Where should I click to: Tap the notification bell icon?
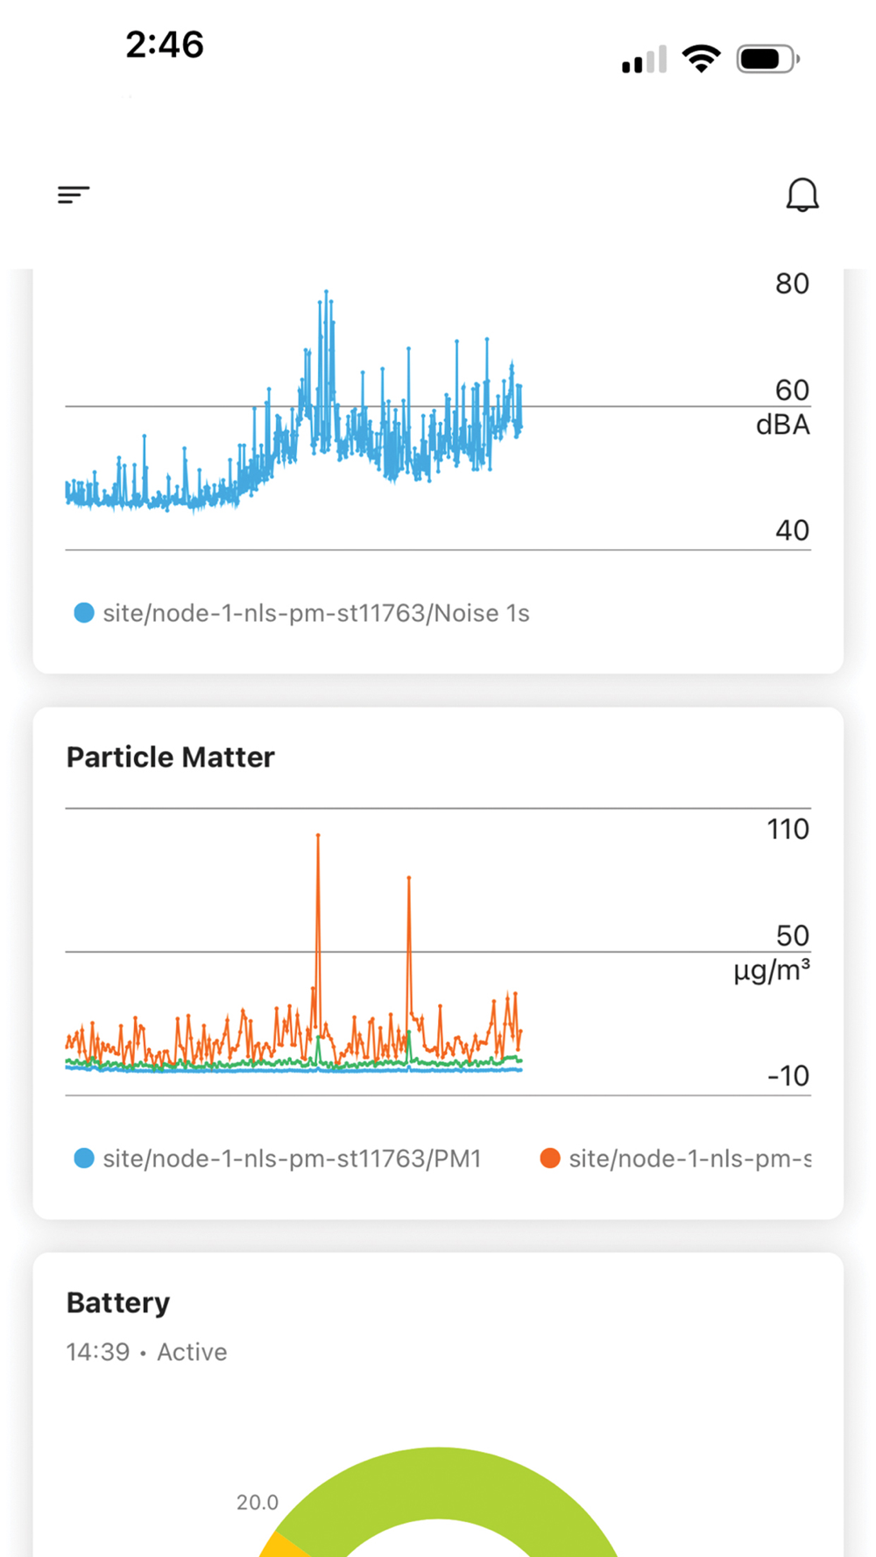tap(802, 194)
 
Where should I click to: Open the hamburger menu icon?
tap(74, 194)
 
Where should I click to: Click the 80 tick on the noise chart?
tap(792, 284)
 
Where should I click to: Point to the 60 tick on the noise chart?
tap(792, 390)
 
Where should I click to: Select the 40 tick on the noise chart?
tap(792, 530)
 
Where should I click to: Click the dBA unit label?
tap(782, 426)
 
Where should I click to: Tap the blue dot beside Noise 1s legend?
tap(84, 613)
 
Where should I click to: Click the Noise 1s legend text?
tap(315, 613)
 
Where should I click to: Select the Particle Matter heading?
tap(171, 757)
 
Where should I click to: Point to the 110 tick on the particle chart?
tap(788, 829)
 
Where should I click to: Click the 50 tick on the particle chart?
tap(792, 935)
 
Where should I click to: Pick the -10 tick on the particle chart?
tap(788, 1075)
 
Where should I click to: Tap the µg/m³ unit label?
tap(771, 970)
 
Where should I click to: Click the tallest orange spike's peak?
tap(318, 836)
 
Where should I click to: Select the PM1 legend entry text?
tap(292, 1159)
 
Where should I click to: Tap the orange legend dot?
tap(550, 1159)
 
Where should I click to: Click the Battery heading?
tap(118, 1303)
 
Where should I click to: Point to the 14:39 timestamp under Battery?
tap(98, 1352)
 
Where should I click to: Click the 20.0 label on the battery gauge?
tap(258, 1503)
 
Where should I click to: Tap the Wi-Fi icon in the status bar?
tap(701, 60)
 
